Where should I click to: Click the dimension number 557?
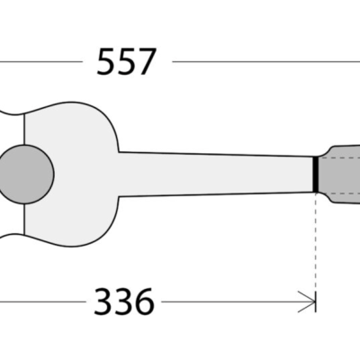point(126,62)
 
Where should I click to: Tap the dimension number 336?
point(123,301)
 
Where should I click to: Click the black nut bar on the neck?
point(316,174)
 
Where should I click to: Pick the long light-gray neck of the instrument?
point(216,172)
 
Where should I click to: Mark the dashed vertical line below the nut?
point(317,243)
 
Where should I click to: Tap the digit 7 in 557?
point(147,62)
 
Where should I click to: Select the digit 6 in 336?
point(144,301)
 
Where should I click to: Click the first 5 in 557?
point(105,62)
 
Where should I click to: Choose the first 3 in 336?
point(103,301)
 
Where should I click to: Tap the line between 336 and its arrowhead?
point(234,301)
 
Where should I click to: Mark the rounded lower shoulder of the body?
point(99,229)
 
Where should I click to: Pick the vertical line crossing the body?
point(26,216)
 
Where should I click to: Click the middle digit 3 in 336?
point(123,301)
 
